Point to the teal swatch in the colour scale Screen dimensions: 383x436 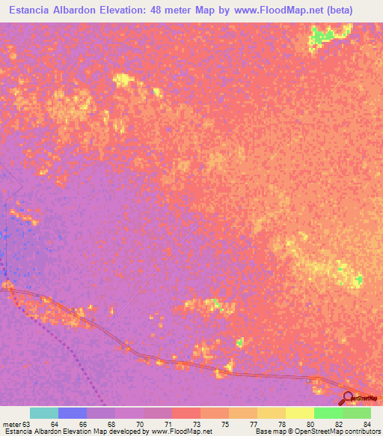pyautogui.click(x=44, y=413)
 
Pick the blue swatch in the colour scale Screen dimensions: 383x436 pyautogui.click(x=73, y=413)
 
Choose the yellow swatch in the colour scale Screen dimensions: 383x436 pyautogui.click(x=300, y=413)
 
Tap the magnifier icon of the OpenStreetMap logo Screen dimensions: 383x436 pyautogui.click(x=347, y=397)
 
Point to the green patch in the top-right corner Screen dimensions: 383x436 pyautogui.click(x=325, y=35)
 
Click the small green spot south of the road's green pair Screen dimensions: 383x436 pyautogui.click(x=239, y=342)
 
